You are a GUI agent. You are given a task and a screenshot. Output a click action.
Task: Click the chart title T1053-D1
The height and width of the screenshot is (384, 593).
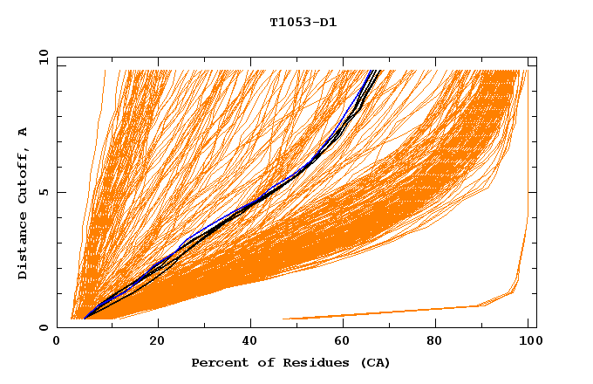pyautogui.click(x=303, y=23)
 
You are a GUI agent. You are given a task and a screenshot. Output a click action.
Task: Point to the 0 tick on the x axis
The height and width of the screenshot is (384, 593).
pyautogui.click(x=58, y=341)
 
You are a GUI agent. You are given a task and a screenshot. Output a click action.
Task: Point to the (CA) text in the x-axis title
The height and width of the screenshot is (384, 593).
pyautogui.click(x=373, y=363)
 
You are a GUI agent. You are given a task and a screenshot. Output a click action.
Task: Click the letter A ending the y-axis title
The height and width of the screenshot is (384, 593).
pyautogui.click(x=24, y=132)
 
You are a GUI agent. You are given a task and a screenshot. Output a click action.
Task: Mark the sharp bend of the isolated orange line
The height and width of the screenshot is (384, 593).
pyautogui.click(x=481, y=305)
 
